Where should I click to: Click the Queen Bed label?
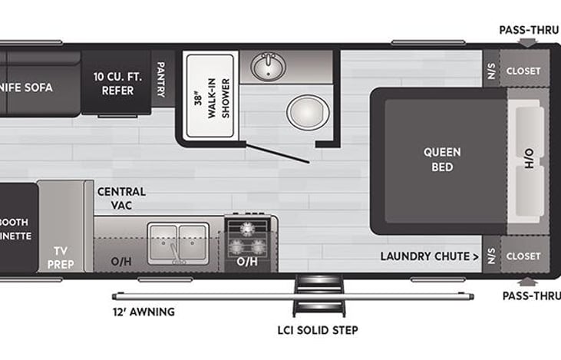click(442, 159)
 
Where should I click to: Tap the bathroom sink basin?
click(267, 68)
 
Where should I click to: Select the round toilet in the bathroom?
click(308, 112)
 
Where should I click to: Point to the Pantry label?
click(161, 80)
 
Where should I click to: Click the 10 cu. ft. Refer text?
click(117, 84)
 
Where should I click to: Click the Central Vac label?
click(121, 197)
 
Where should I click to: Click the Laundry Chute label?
click(430, 256)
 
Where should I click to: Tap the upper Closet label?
click(523, 71)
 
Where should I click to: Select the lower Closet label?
click(523, 256)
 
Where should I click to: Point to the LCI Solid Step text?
click(318, 330)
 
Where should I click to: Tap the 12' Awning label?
click(144, 312)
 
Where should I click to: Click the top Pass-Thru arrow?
click(526, 44)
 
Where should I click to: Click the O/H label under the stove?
click(246, 262)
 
